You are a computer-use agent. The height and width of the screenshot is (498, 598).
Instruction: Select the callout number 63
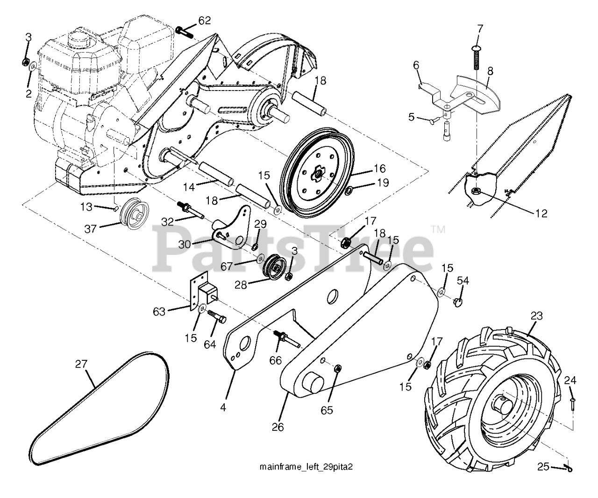pyautogui.click(x=160, y=311)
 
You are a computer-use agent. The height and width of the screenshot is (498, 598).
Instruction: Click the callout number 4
pyautogui.click(x=223, y=407)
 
